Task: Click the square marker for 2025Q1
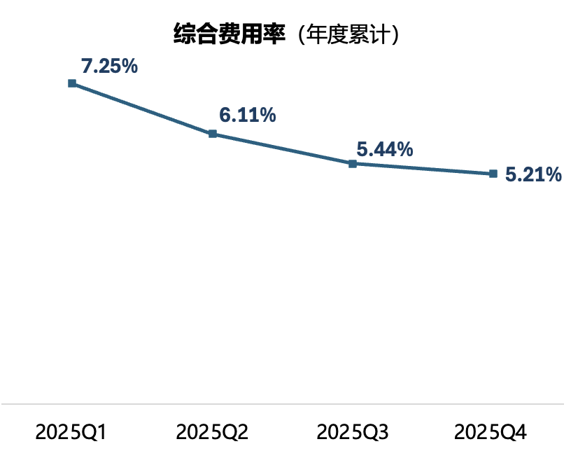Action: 72,83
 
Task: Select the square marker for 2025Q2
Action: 213,134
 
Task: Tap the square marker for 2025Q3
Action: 353,164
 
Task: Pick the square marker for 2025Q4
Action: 493,174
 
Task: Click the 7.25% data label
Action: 108,67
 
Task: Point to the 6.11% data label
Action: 247,116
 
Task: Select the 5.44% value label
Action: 384,149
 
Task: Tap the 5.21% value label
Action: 533,175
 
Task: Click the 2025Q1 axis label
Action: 71,431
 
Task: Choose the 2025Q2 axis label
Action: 212,431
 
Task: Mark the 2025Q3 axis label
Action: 353,431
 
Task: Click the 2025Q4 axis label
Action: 493,431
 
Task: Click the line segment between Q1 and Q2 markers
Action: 143,109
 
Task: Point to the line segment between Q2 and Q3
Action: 283,149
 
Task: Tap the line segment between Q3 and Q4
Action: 423,169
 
